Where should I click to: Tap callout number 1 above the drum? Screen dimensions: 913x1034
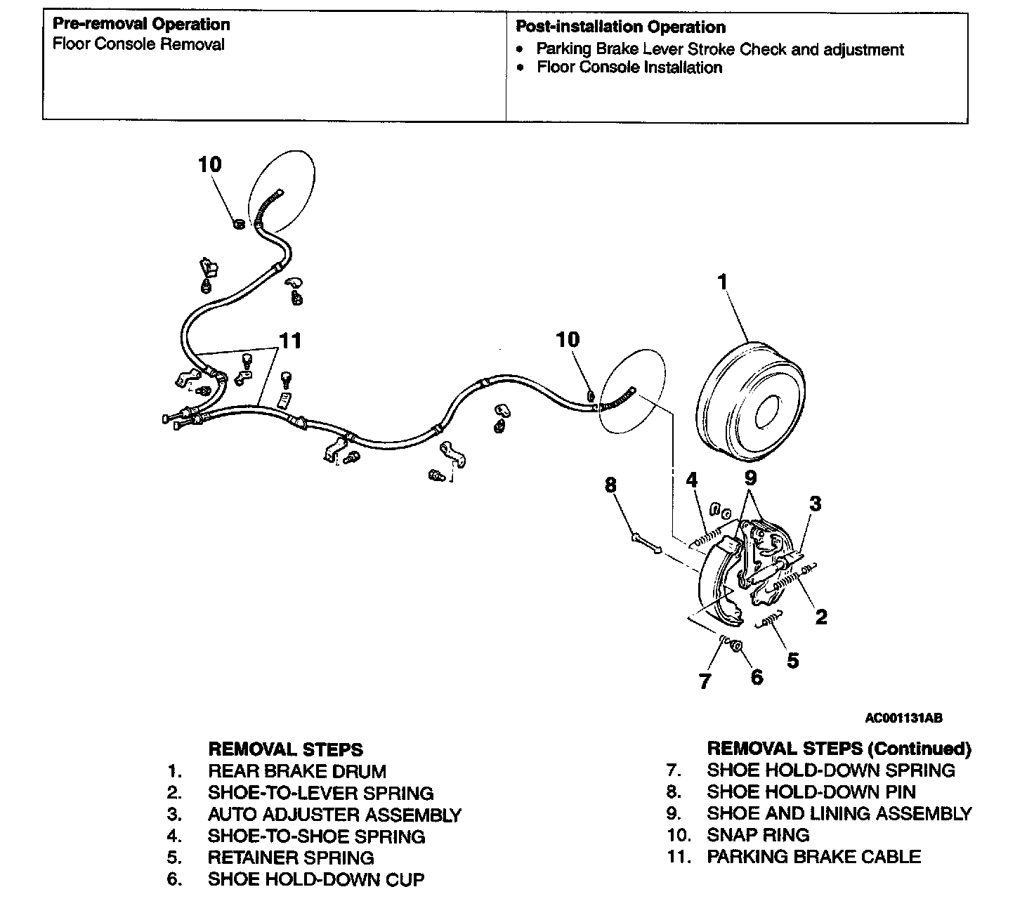coord(722,282)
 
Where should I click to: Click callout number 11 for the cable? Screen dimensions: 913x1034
coord(290,341)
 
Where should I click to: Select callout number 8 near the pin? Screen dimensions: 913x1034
coord(610,485)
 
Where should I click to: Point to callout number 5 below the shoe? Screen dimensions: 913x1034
coord(792,660)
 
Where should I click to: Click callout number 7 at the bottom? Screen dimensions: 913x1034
coord(705,681)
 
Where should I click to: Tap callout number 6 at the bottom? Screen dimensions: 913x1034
coord(757,677)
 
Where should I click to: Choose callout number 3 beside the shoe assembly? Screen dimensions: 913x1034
coord(815,504)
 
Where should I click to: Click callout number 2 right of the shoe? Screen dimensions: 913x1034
coord(820,617)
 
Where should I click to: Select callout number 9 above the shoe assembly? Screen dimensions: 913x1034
coord(751,478)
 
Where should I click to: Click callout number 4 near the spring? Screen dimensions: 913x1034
coord(692,480)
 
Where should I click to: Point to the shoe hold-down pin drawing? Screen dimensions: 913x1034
coord(646,544)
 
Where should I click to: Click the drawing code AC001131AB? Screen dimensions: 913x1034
coord(903,718)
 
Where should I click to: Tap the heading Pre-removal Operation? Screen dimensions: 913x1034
coord(141,25)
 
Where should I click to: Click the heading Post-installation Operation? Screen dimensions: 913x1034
coord(620,27)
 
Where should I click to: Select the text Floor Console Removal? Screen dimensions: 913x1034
coord(139,44)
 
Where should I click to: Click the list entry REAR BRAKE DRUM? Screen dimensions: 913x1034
coord(296,771)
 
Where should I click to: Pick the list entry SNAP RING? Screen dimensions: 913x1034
coord(758,835)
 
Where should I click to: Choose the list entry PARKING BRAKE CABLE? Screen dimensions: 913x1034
coord(813,857)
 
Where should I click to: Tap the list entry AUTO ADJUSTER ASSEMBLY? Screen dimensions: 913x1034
coord(334,815)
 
